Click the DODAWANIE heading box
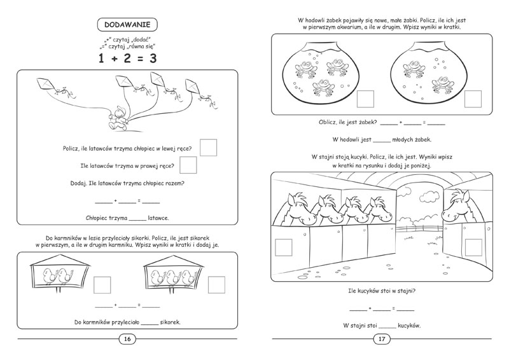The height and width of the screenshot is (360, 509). (x=127, y=25)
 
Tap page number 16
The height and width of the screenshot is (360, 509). (x=127, y=339)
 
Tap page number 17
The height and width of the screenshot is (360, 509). (x=382, y=339)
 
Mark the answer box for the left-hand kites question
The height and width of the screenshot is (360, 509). (x=208, y=148)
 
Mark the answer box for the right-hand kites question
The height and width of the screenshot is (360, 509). (x=188, y=165)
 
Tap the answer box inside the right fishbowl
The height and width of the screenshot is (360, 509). (x=472, y=99)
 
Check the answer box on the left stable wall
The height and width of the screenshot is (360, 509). (x=282, y=247)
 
